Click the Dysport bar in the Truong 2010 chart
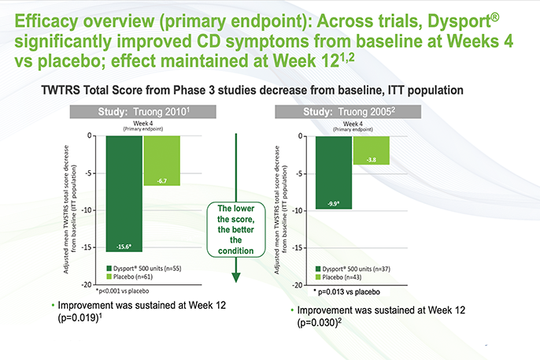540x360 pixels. pos(123,194)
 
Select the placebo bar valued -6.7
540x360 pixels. pos(161,161)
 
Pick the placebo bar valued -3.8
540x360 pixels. pos(371,150)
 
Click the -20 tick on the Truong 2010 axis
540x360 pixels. pos(95,284)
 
